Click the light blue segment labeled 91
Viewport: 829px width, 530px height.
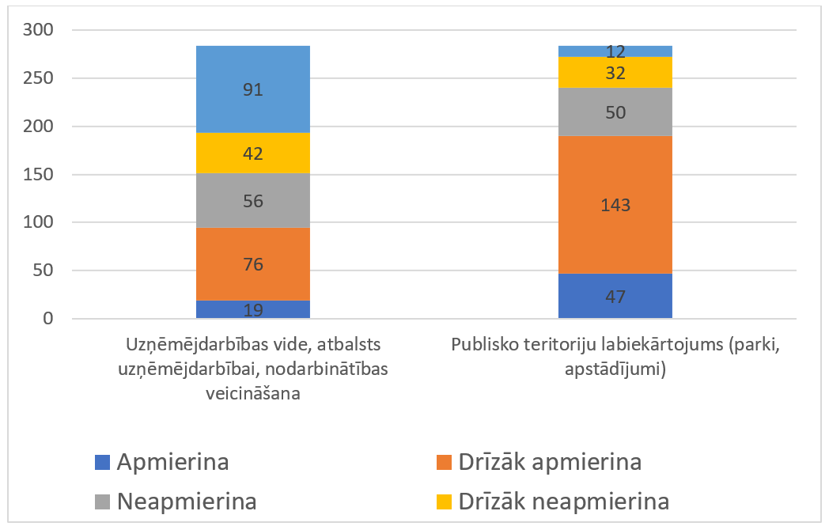click(252, 89)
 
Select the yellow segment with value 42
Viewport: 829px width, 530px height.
click(252, 153)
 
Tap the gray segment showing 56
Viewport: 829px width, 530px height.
click(252, 201)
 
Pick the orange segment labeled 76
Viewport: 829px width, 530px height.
click(252, 264)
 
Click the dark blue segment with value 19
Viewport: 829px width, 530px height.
click(252, 310)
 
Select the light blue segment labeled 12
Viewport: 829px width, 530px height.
click(615, 51)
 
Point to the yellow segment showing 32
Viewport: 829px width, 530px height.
click(615, 73)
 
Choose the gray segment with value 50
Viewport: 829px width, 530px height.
click(615, 112)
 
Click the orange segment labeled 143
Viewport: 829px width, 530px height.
click(615, 205)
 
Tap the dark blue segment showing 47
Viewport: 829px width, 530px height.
click(615, 297)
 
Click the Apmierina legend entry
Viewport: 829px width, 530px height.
click(161, 462)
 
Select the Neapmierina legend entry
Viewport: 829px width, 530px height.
click(176, 502)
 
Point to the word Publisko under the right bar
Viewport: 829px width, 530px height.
click(484, 346)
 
